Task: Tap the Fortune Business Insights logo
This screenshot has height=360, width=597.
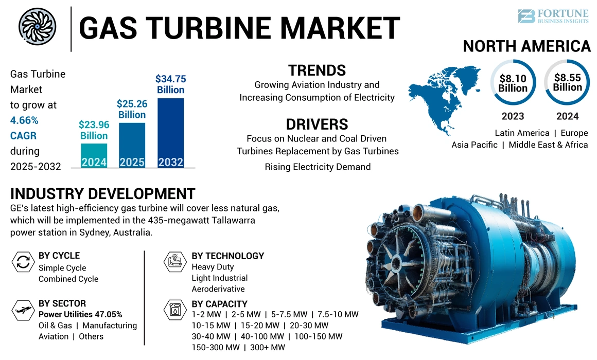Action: [553, 16]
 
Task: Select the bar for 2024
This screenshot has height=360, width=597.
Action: [94, 156]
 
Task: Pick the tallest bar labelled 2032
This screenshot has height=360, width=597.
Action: [171, 133]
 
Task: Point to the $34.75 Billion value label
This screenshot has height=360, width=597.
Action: [171, 84]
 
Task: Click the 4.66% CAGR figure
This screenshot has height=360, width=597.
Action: [23, 120]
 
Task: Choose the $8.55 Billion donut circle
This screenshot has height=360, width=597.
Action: [568, 82]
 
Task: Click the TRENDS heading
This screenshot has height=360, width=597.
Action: [317, 70]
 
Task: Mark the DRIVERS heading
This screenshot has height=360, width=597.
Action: [317, 124]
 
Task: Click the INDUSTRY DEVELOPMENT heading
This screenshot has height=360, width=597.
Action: [103, 194]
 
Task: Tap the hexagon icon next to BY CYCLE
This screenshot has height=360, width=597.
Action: [23, 262]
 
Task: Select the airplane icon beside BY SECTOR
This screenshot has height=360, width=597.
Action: [23, 311]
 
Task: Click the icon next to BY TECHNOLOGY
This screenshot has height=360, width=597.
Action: [175, 262]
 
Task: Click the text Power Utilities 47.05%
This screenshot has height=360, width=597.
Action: [80, 314]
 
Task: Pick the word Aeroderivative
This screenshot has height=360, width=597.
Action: [218, 289]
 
